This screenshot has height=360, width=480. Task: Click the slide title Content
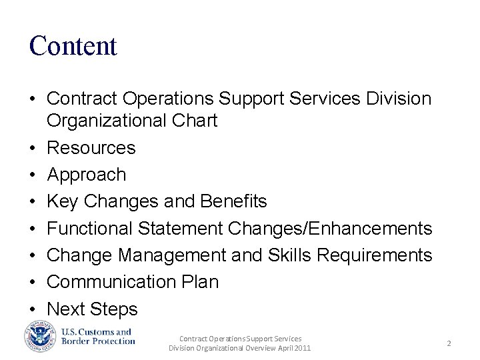73,46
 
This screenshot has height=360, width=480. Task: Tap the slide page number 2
449,343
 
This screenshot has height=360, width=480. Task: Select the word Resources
91,148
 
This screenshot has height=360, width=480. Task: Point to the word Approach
87,175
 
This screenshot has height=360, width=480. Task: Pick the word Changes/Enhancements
330,229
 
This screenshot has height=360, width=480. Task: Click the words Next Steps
92,309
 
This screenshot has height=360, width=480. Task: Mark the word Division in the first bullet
399,99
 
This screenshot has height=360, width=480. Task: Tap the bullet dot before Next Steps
32,310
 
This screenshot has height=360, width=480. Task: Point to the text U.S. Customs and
97,332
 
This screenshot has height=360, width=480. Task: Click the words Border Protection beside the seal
99,341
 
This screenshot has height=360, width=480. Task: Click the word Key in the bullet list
63,201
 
